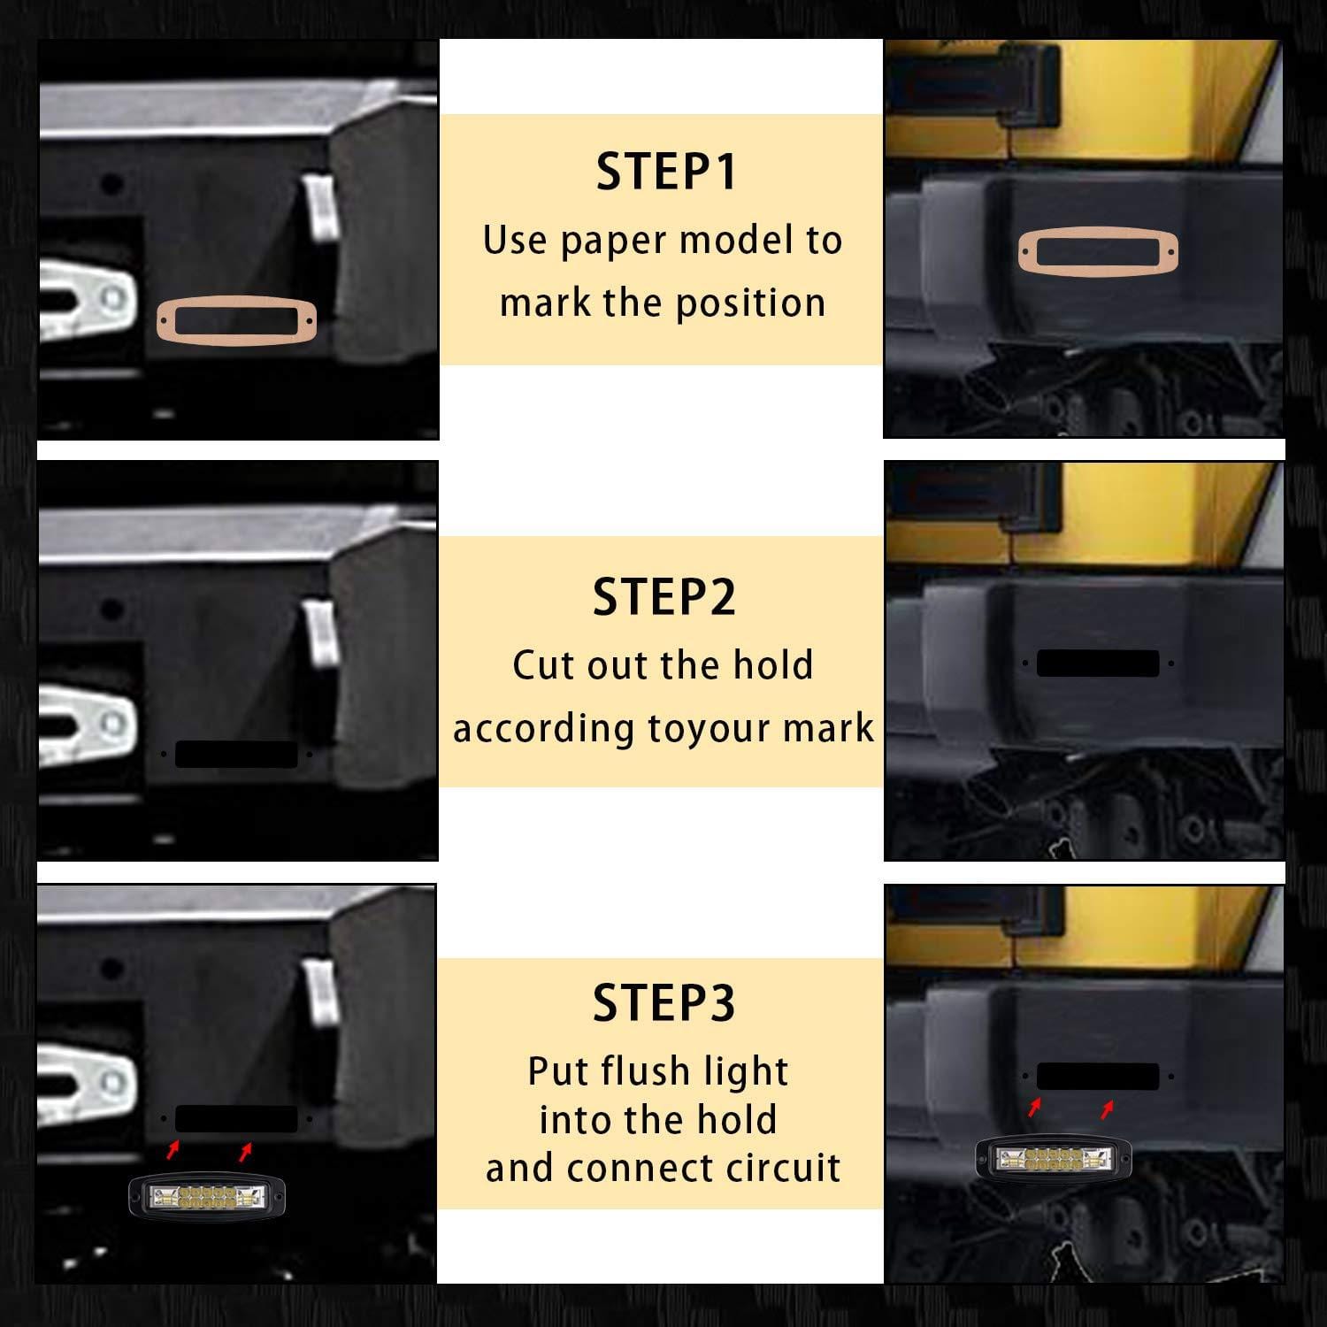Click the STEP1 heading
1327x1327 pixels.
coord(666,172)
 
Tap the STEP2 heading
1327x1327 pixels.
coord(664,597)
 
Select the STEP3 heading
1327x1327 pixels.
coord(664,1003)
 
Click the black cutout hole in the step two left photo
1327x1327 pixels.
coord(236,755)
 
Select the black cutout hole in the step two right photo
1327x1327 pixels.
coord(1098,663)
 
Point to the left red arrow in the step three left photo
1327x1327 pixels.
coord(173,1150)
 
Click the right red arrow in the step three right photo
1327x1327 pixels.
coord(1106,1109)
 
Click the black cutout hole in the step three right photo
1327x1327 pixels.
coord(1098,1077)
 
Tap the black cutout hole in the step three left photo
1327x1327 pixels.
coord(236,1119)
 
